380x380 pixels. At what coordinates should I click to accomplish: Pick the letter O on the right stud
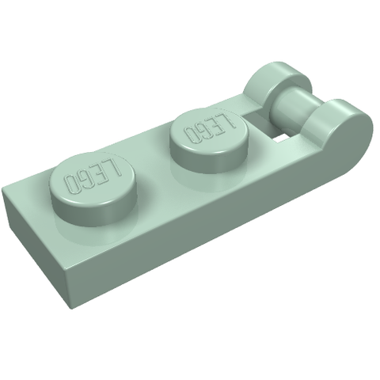point(191,134)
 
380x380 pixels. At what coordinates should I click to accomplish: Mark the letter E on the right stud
point(215,125)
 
